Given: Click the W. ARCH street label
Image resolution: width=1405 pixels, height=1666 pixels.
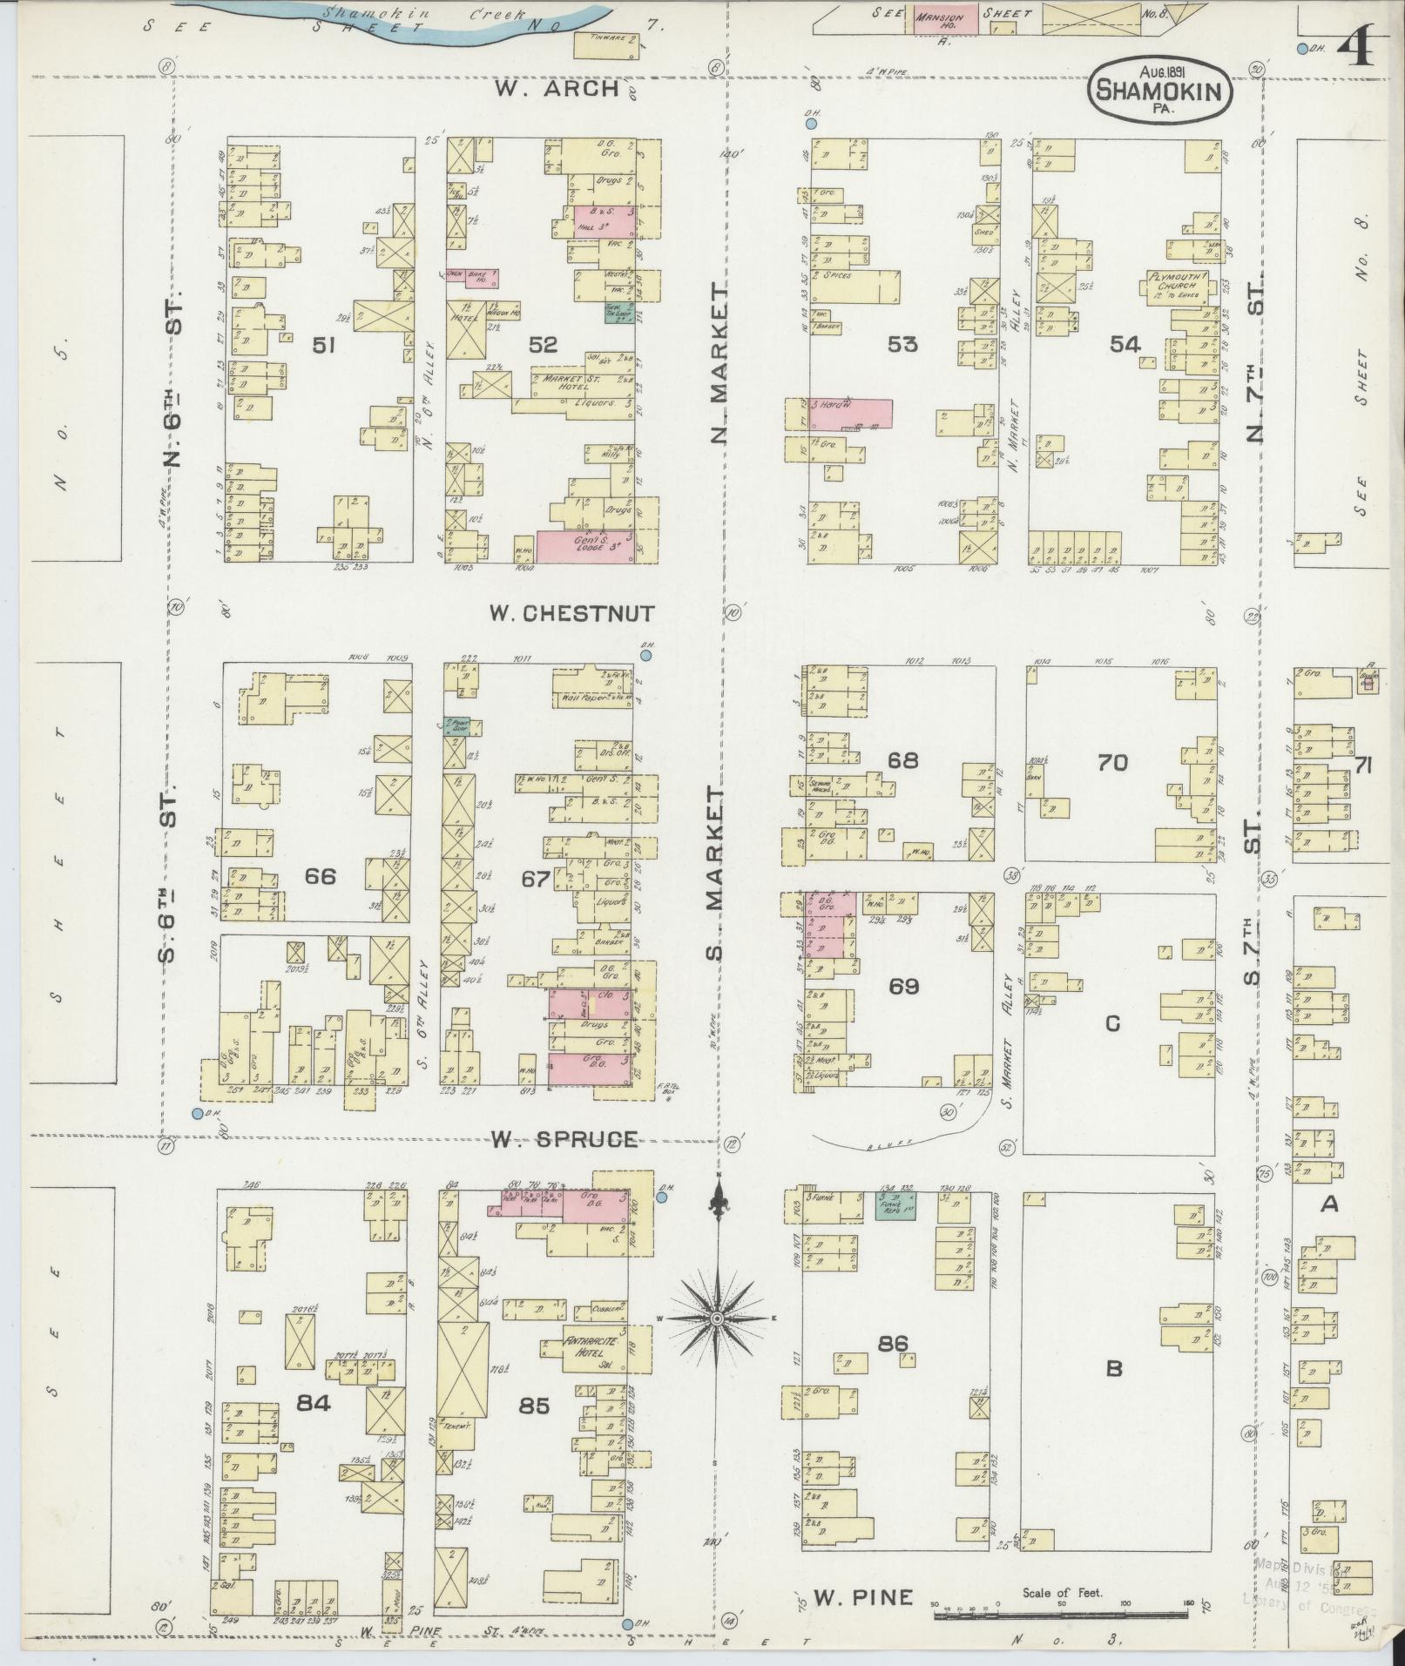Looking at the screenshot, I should pyautogui.click(x=557, y=89).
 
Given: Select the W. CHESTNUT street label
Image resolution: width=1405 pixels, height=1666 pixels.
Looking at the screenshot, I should pyautogui.click(x=571, y=613).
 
